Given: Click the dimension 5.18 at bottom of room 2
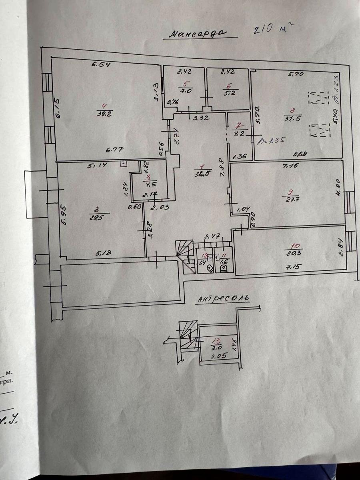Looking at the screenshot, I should point(103,253).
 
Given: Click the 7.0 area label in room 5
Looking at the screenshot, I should point(185,91).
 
